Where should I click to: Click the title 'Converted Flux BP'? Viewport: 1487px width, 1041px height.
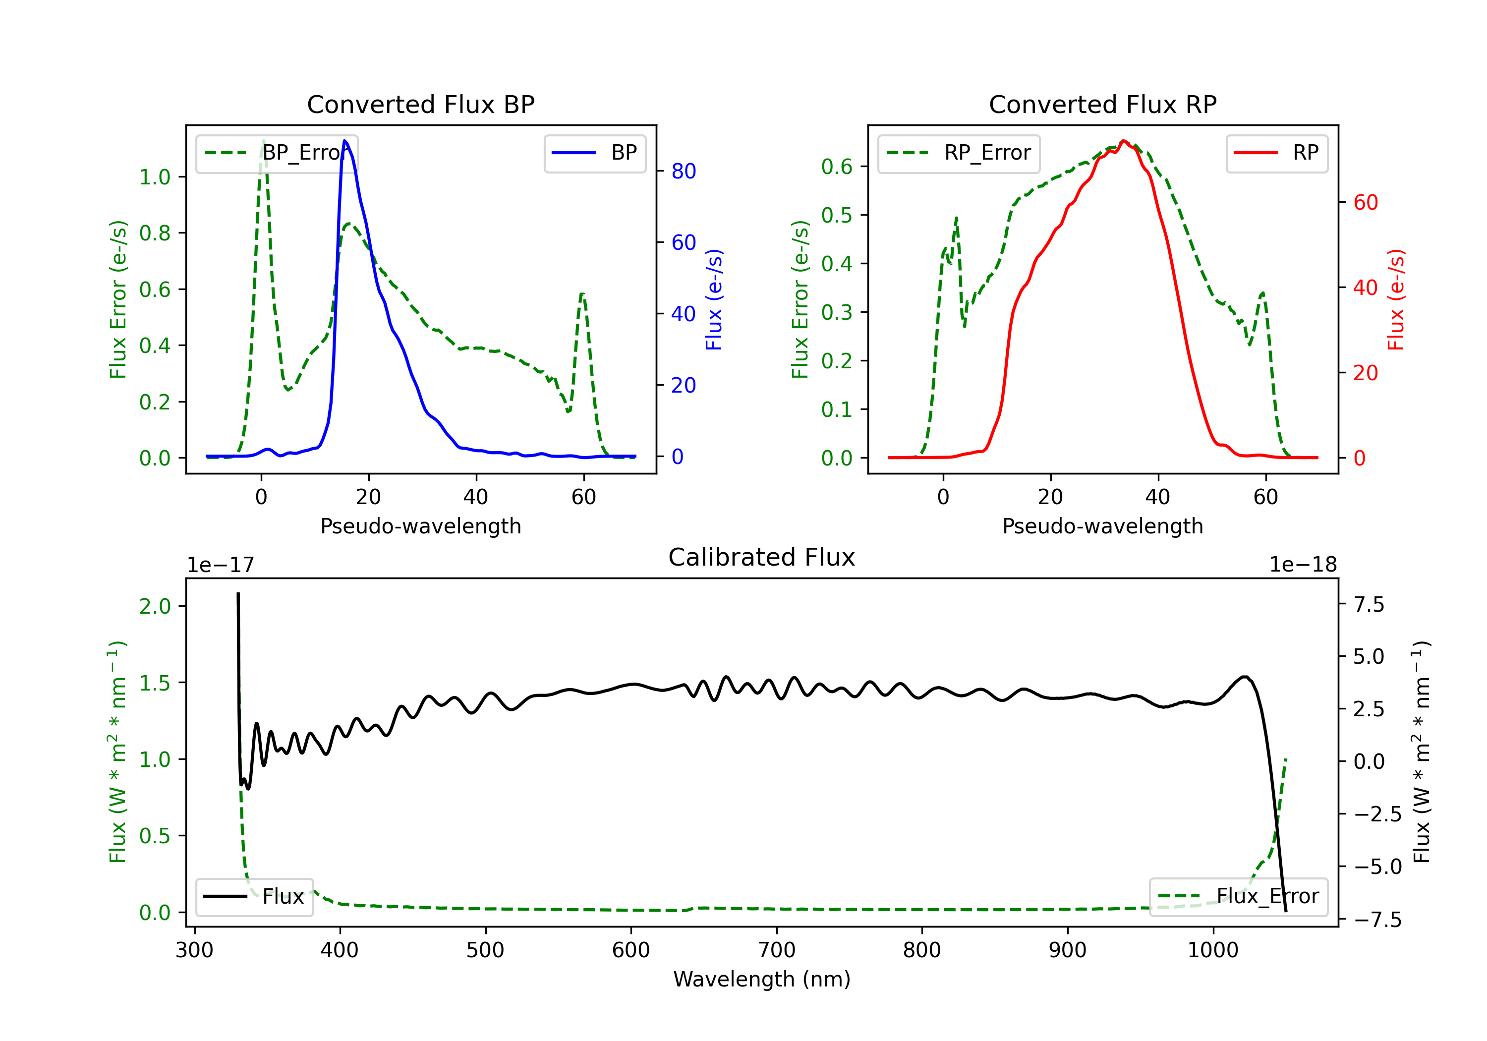click(x=420, y=104)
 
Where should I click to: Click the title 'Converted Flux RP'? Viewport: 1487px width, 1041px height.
click(x=1102, y=104)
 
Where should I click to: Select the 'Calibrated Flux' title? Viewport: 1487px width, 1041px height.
click(x=762, y=557)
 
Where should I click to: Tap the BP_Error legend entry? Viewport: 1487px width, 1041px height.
click(x=277, y=153)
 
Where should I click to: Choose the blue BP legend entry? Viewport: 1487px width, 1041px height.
click(x=594, y=153)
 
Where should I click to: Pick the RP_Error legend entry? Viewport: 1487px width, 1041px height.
click(x=959, y=153)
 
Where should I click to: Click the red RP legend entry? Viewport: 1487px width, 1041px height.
click(x=1276, y=153)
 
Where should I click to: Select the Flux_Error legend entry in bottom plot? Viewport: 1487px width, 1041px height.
click(x=1238, y=897)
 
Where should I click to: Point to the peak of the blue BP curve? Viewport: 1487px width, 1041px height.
click(x=344, y=141)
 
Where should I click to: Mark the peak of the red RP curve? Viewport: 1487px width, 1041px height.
click(x=1124, y=141)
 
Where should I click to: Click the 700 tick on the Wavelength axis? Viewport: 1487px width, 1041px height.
click(x=777, y=950)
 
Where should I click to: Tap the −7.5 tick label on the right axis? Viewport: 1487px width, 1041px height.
click(x=1377, y=920)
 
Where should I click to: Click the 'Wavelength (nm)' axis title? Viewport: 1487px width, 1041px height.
click(x=762, y=980)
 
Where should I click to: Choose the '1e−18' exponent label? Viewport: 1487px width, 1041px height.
click(x=1303, y=565)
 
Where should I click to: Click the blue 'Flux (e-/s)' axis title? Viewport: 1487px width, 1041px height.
click(x=714, y=299)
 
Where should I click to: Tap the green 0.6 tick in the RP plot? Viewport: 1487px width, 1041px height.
click(x=837, y=167)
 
